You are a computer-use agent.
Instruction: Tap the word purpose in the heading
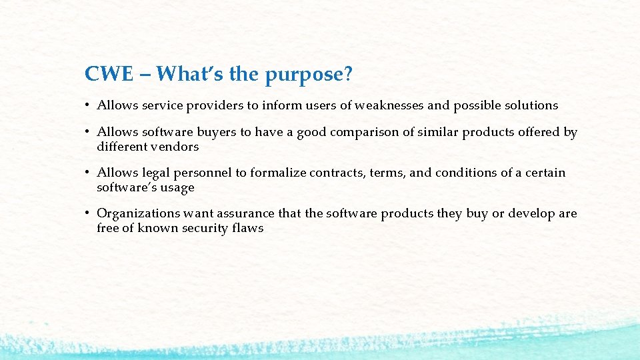point(305,75)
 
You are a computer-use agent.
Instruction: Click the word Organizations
point(137,213)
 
